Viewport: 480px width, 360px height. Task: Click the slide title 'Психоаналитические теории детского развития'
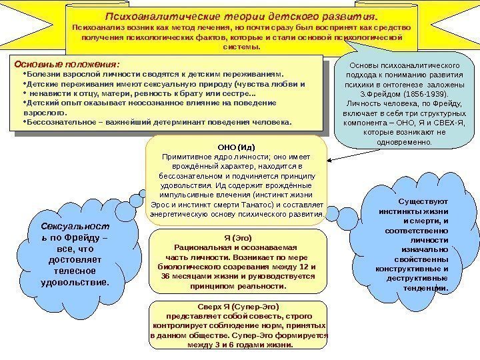tap(243, 15)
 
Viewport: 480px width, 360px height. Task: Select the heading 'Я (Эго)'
tap(237, 237)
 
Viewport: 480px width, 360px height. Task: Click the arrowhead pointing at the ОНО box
tap(331, 158)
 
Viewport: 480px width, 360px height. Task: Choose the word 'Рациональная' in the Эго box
tap(191, 247)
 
